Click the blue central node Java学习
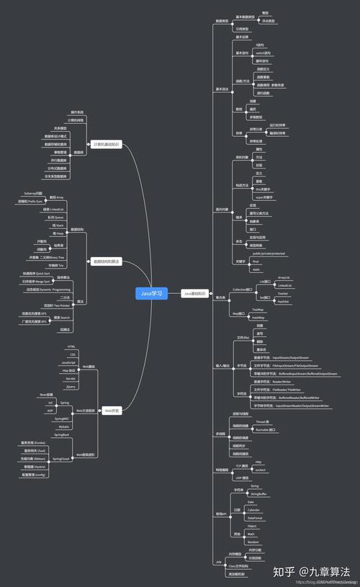click(x=152, y=293)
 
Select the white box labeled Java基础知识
click(x=194, y=294)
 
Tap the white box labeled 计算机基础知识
click(x=106, y=144)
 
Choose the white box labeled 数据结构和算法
click(x=106, y=261)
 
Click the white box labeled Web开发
click(x=112, y=411)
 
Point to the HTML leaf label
click(x=71, y=347)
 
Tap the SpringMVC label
click(x=62, y=418)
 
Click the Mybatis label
click(x=64, y=426)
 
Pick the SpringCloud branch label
click(x=61, y=458)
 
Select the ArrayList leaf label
click(x=284, y=277)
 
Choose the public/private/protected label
click(x=269, y=254)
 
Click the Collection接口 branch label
click(x=243, y=290)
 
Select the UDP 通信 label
click(x=241, y=478)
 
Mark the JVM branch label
click(x=219, y=560)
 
